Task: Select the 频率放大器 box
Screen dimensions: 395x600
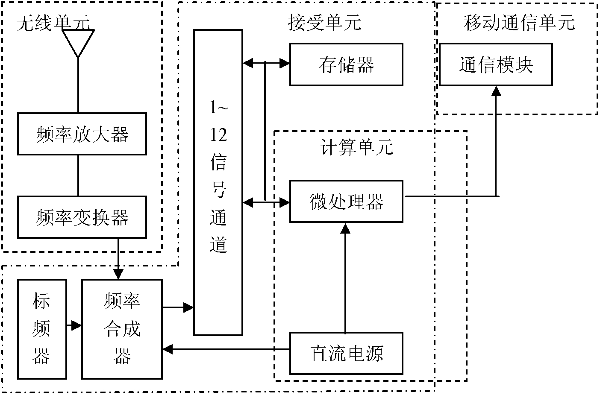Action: click(x=82, y=134)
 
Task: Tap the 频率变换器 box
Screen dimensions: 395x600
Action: click(x=82, y=217)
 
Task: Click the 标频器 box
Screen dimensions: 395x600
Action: click(x=42, y=329)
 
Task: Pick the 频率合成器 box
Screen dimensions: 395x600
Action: click(x=122, y=329)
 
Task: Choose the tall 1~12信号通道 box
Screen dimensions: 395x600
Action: click(x=218, y=182)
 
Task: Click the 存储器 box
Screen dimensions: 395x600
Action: click(x=346, y=64)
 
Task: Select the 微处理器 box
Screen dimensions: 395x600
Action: click(x=346, y=202)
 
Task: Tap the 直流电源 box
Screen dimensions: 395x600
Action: click(x=346, y=353)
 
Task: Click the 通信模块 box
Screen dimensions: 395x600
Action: click(x=496, y=64)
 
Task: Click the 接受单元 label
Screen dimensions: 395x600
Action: click(x=324, y=22)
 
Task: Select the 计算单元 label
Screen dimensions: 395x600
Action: click(x=356, y=147)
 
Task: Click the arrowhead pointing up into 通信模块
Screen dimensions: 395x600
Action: click(x=496, y=91)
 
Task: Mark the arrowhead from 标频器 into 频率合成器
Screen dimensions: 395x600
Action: click(x=76, y=326)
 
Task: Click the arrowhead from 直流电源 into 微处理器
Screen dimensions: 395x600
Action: click(x=345, y=228)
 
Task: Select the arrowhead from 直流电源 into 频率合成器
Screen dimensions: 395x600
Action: click(x=168, y=349)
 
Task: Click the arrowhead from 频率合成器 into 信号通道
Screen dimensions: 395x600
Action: click(x=188, y=307)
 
